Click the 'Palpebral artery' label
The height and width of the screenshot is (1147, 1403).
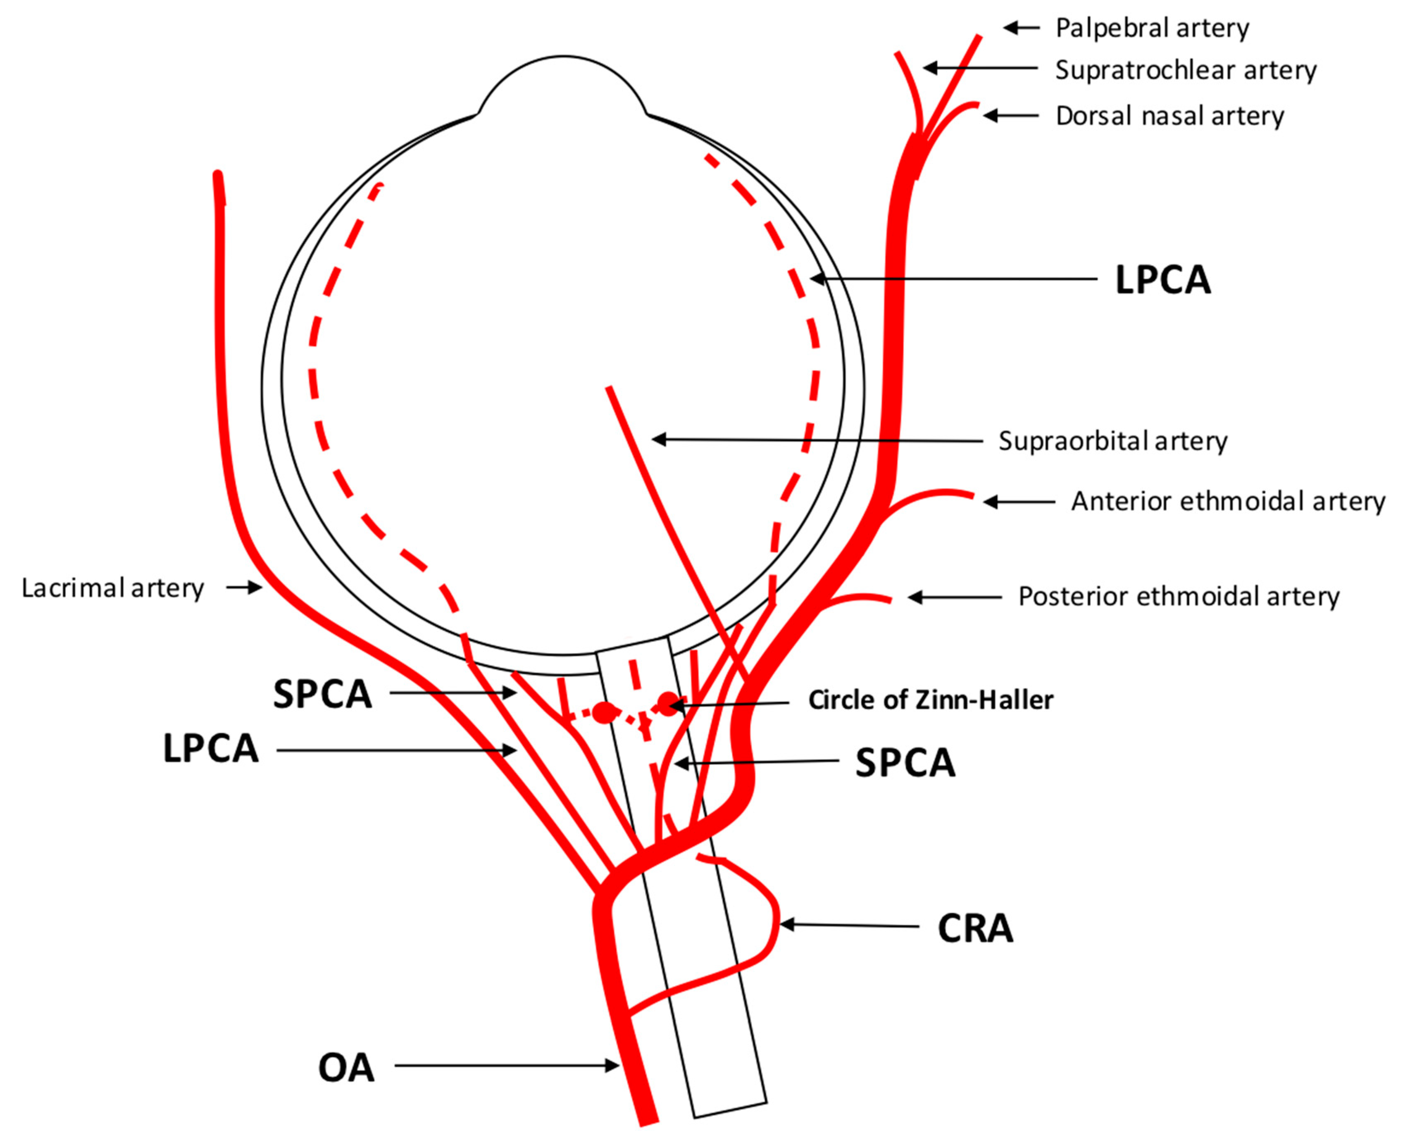pos(1152,28)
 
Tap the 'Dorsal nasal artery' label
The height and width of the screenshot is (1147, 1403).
pos(1170,116)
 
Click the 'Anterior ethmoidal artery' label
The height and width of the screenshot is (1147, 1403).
pos(1228,502)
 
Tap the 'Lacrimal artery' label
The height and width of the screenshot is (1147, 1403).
pos(112,588)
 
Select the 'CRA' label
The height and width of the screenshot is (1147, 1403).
pos(975,928)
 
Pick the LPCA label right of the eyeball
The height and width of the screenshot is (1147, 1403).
pos(1163,280)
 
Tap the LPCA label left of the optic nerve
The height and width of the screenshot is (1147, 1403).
pos(211,749)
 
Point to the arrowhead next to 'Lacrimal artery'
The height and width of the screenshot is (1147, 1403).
pos(256,587)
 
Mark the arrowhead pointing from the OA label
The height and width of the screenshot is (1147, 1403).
pos(612,1065)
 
